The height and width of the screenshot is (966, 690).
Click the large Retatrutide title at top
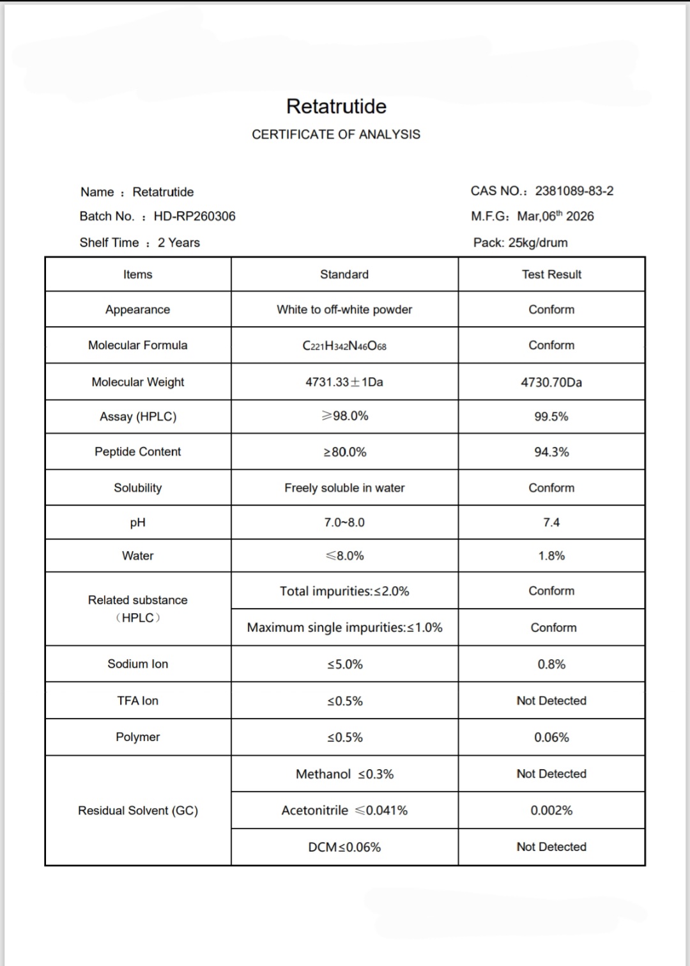pos(336,106)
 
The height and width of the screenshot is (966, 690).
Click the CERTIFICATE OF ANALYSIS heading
pos(336,134)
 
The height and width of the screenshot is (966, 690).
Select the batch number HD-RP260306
pos(194,216)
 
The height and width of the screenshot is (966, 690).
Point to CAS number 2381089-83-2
pos(574,191)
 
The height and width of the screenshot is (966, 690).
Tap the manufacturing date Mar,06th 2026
pos(555,216)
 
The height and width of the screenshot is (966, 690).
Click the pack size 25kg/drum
pos(538,242)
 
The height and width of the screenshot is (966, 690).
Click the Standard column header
pos(344,274)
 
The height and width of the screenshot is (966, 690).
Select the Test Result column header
pos(551,274)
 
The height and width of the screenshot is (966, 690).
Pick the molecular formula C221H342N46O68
pos(344,346)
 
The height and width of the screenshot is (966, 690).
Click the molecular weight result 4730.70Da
pos(551,382)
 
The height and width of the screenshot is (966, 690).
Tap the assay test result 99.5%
pos(551,416)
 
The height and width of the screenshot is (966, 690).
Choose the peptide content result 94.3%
pos(551,452)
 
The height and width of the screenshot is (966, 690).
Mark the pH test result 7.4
pos(551,522)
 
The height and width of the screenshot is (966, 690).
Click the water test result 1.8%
pos(551,556)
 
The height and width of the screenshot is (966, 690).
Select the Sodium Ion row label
pos(138,664)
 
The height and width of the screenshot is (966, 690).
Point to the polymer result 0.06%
pos(551,737)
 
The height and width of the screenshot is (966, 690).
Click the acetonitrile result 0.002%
pos(551,810)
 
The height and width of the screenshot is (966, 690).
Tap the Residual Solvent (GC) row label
pos(138,810)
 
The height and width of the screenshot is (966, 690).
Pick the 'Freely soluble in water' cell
pos(344,488)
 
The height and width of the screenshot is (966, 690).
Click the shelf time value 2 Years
pos(179,242)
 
